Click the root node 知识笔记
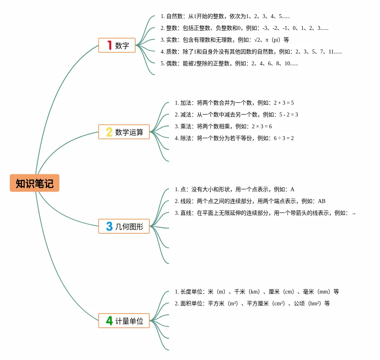pyautogui.click(x=35, y=183)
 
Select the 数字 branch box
pyautogui.click(x=117, y=45)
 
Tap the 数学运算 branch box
pyautogui.click(x=124, y=132)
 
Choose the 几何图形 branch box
pyautogui.click(x=124, y=226)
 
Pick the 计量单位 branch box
pyautogui.click(x=124, y=320)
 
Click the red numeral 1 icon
pyautogui.click(x=110, y=45)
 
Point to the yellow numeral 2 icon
pyautogui.click(x=109, y=132)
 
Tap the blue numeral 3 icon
pyautogui.click(x=109, y=226)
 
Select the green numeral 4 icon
pyautogui.click(x=109, y=320)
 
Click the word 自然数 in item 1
pyautogui.click(x=174, y=16)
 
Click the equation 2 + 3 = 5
pyautogui.click(x=284, y=103)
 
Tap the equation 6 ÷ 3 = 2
pyautogui.click(x=284, y=138)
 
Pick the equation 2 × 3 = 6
pyautogui.click(x=262, y=126)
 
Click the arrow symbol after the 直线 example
pyautogui.click(x=354, y=214)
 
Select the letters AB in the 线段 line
pyautogui.click(x=321, y=201)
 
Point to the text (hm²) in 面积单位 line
pyautogui.click(x=314, y=303)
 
